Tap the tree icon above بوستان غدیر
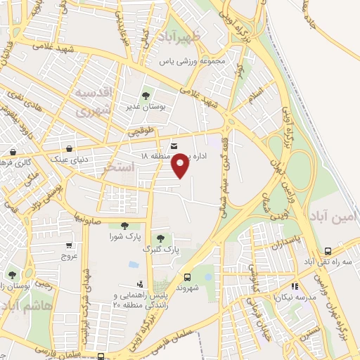pos(146,95)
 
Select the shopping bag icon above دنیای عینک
pos(70,148)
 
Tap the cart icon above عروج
pos(68,245)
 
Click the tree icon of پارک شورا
pos(124,226)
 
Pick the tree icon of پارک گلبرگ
pos(162,239)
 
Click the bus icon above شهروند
pos(187,277)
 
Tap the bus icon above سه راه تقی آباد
pos(328,251)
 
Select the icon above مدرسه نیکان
pos(295,287)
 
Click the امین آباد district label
pos(340,218)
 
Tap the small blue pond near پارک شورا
pos(134,264)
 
